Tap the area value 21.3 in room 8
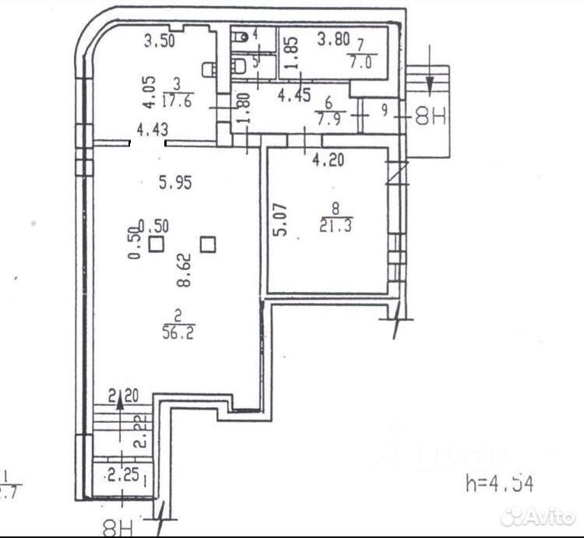[x=336, y=226]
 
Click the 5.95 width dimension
[x=175, y=183]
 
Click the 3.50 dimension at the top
[x=160, y=42]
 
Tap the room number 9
[x=385, y=110]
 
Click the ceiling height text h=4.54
[x=500, y=483]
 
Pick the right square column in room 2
[x=207, y=245]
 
